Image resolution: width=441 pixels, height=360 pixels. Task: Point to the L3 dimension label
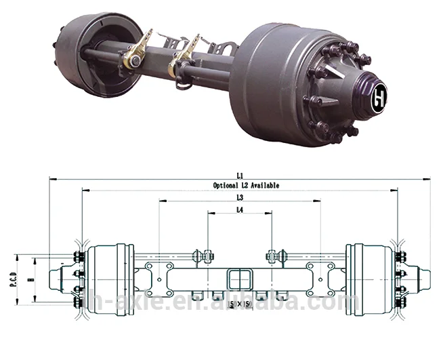pyautogui.click(x=240, y=197)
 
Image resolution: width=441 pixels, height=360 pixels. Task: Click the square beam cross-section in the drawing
pyautogui.click(x=239, y=278)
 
